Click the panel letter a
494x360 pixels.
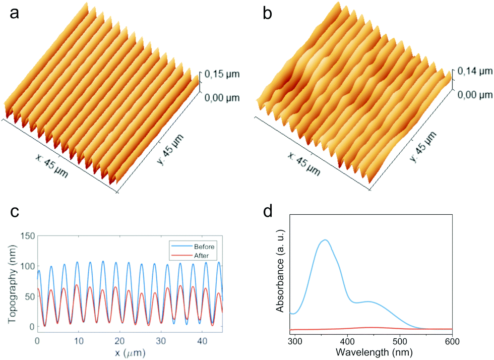coord(14,14)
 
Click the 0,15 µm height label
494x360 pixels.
coord(222,74)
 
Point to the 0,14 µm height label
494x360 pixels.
coord(474,71)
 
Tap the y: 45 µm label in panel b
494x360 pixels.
coord(423,147)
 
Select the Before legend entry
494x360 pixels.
coord(204,247)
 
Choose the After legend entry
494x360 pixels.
coord(201,256)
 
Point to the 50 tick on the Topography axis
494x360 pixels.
coord(29,296)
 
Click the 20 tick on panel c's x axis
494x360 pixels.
coord(120,341)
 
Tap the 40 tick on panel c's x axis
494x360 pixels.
coord(202,341)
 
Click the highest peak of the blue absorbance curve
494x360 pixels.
coord(325,240)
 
